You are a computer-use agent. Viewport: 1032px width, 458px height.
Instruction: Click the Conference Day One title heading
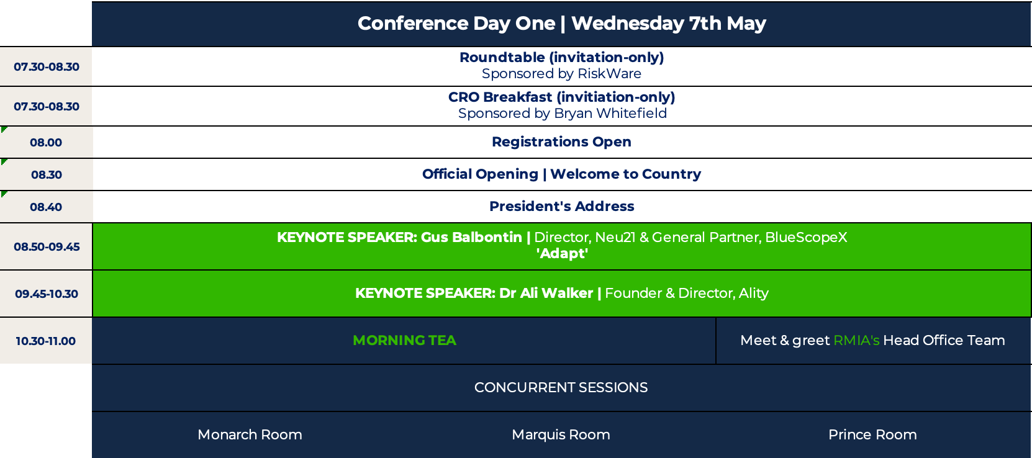coord(561,24)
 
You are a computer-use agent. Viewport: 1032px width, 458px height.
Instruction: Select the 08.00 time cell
coord(46,142)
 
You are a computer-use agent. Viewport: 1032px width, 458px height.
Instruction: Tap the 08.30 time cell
coord(46,174)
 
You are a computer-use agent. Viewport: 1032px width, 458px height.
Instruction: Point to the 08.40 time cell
coord(46,207)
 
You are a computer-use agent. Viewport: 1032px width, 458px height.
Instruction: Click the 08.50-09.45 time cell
coord(46,247)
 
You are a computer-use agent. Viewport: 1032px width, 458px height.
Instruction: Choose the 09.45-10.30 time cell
coord(46,294)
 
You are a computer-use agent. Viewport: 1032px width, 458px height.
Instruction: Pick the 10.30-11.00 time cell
coord(46,341)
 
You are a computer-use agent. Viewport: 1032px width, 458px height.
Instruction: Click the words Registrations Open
coord(561,141)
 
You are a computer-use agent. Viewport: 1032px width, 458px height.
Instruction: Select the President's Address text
coord(561,206)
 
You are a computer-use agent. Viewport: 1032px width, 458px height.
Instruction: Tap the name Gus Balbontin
coord(471,237)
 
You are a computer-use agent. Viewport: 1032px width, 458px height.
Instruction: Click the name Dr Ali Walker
coord(546,293)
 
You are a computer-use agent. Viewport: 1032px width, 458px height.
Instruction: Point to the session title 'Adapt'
coord(562,254)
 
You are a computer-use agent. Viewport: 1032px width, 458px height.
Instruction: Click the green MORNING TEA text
coord(404,340)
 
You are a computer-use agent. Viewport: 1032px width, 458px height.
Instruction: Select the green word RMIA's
coord(856,340)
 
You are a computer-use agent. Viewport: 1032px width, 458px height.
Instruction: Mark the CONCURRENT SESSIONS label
coord(561,388)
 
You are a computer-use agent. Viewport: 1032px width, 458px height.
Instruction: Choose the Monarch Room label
coord(250,434)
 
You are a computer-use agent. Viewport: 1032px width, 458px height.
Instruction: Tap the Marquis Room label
coord(561,434)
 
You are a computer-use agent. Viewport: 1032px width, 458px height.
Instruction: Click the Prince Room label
coord(872,434)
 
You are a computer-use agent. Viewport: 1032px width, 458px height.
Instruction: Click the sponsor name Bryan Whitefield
coord(610,113)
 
